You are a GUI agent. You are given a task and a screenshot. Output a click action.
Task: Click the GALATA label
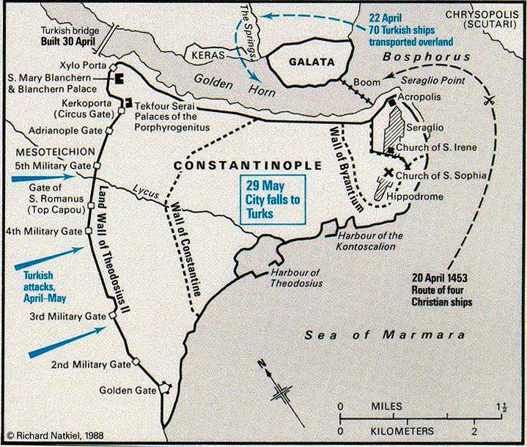[x=301, y=62]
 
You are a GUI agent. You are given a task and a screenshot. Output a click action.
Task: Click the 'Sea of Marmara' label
[x=384, y=335]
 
